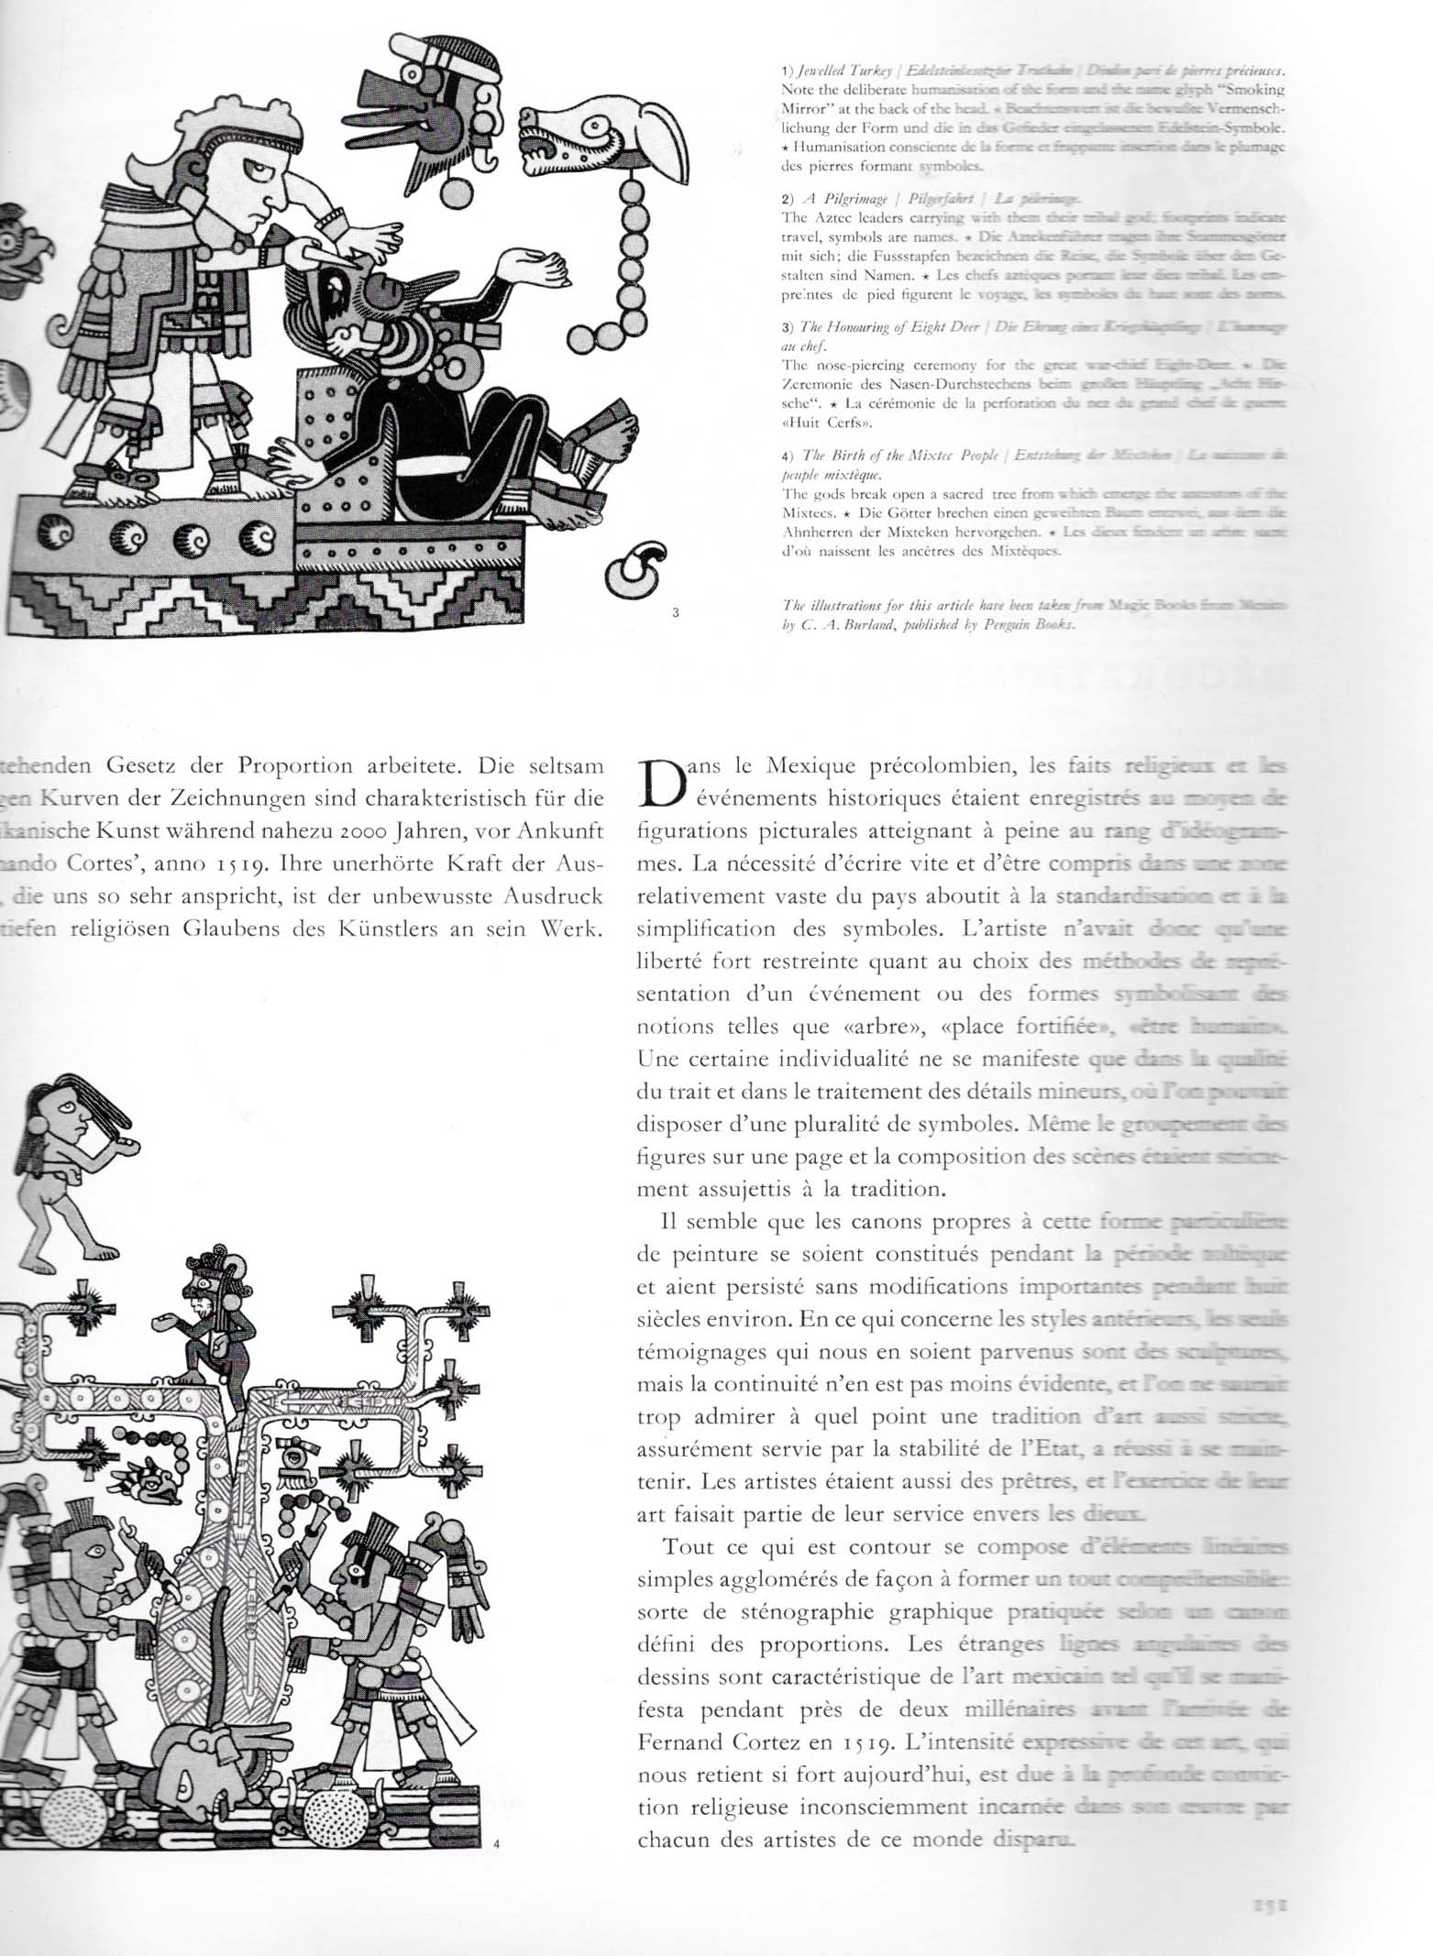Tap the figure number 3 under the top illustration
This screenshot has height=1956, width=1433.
676,613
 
